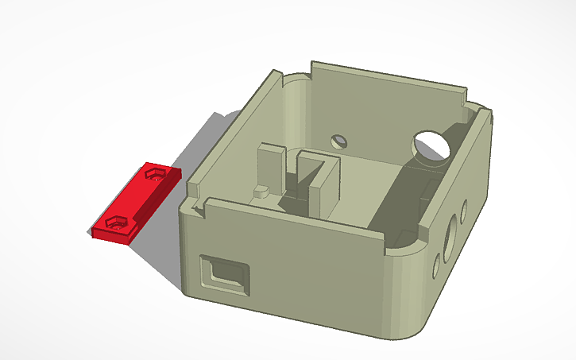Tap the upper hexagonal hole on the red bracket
[x=157, y=172]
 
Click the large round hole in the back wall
[x=431, y=145]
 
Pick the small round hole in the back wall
[x=340, y=141]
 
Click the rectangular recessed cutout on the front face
[x=223, y=274]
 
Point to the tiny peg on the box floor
[x=259, y=192]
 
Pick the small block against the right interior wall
[x=427, y=191]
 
